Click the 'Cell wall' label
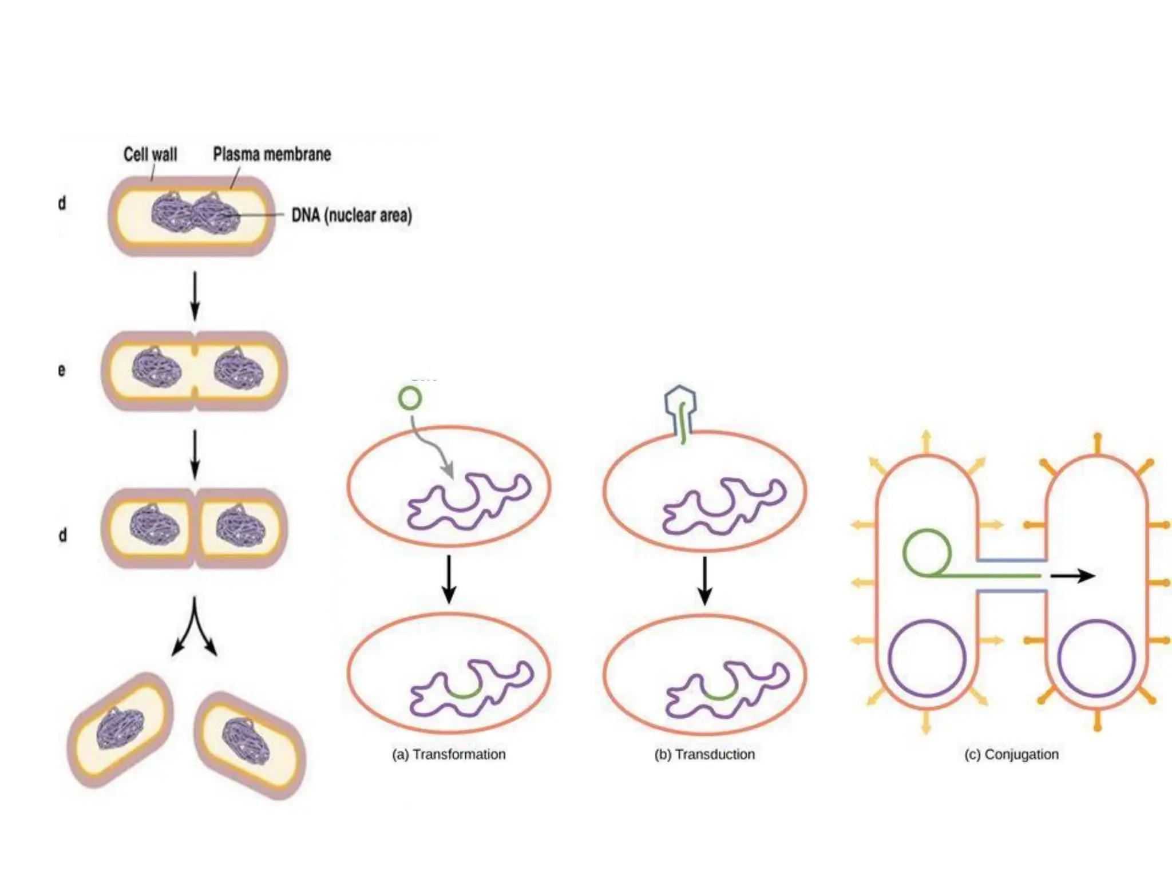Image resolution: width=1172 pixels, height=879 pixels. [x=150, y=155]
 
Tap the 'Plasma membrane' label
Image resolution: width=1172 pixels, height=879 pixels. [x=272, y=154]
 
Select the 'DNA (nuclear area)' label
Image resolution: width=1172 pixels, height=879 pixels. [x=351, y=215]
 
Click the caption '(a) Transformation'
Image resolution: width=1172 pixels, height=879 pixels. [x=449, y=754]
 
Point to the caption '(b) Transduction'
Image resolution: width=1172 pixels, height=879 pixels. [x=704, y=754]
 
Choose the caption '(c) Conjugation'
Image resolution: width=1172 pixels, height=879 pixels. [x=1011, y=754]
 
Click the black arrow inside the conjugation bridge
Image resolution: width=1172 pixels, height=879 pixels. [x=1072, y=576]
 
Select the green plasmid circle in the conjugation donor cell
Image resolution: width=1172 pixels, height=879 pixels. [x=927, y=553]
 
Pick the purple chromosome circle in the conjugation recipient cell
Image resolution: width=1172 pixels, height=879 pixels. [x=1096, y=658]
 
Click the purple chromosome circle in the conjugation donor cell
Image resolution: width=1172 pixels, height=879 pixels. [x=927, y=658]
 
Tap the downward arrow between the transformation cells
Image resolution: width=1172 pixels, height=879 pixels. [x=449, y=579]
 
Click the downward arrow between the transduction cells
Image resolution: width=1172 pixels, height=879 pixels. [x=705, y=580]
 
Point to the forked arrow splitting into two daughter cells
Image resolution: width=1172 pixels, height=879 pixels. [x=195, y=627]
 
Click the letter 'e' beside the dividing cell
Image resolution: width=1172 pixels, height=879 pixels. [x=62, y=370]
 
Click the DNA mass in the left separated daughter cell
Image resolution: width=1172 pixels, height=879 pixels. [x=119, y=730]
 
